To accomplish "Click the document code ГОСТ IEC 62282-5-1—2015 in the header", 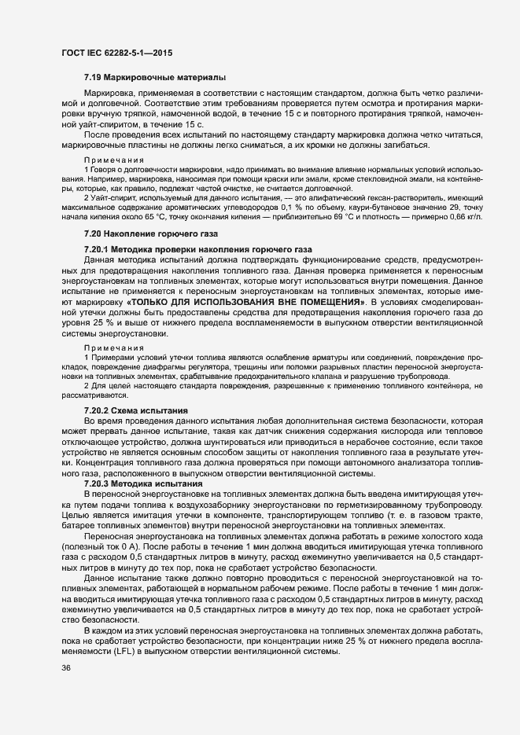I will tap(116, 52).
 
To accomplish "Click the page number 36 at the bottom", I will tap(65, 668).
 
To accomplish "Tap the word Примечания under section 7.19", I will tap(109, 160).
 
